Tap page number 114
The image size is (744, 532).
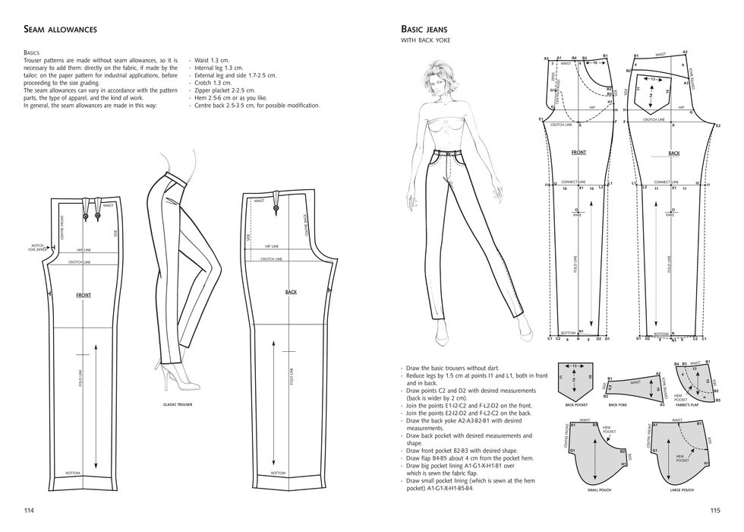pyautogui.click(x=29, y=510)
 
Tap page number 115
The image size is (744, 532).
pyautogui.click(x=714, y=510)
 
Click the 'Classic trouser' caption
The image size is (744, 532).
pyautogui.click(x=178, y=404)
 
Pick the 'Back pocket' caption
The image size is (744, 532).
pyautogui.click(x=578, y=405)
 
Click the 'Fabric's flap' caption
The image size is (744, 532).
pyautogui.click(x=686, y=405)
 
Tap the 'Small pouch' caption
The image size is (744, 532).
pyautogui.click(x=599, y=489)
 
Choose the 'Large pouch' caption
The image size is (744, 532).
pyautogui.click(x=682, y=489)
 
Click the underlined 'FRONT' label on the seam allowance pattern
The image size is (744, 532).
pyautogui.click(x=84, y=294)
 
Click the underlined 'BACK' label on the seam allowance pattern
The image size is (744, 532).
pyautogui.click(x=291, y=292)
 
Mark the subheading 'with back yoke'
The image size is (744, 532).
pyautogui.click(x=425, y=40)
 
